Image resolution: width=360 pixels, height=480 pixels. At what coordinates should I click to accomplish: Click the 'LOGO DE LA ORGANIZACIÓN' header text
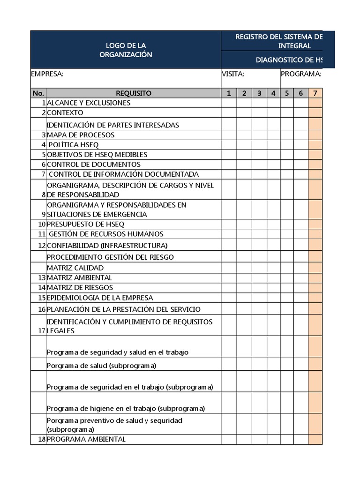click(x=126, y=50)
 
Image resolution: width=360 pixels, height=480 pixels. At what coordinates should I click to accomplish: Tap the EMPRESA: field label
click(x=47, y=74)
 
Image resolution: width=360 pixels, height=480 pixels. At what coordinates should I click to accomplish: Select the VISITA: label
click(x=232, y=74)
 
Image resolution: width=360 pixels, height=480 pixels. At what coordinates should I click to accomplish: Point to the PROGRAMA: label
click(x=301, y=74)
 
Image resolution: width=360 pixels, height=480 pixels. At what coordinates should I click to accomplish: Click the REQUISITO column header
click(x=134, y=93)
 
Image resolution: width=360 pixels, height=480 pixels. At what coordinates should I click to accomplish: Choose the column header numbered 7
click(x=315, y=93)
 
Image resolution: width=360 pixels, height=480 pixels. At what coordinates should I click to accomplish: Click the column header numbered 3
click(x=259, y=93)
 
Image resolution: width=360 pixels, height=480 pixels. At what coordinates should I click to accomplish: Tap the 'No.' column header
click(x=38, y=93)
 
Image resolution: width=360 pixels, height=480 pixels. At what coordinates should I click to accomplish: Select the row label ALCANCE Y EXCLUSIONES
click(x=89, y=103)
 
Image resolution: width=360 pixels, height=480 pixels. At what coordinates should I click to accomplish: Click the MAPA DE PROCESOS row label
click(x=81, y=135)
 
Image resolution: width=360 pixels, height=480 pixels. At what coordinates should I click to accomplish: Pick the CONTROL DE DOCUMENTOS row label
click(x=94, y=165)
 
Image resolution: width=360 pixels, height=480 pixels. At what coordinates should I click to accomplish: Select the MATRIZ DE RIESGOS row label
click(x=80, y=287)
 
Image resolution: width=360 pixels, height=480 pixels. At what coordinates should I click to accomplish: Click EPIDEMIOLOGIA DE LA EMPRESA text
click(x=100, y=298)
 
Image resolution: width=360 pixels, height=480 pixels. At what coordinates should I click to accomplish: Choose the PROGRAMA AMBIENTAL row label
click(x=86, y=439)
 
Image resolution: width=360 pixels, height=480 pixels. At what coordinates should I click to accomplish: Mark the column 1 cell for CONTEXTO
click(x=229, y=112)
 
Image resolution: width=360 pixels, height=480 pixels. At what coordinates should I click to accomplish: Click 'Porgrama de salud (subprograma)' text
click(x=102, y=365)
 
